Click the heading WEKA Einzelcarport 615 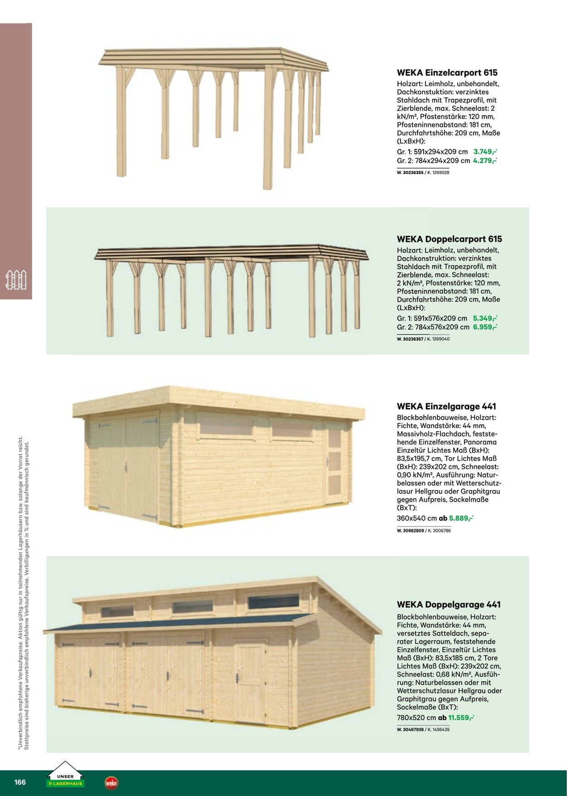[447, 73]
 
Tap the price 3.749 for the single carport [485, 152]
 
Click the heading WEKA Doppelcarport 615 [449, 239]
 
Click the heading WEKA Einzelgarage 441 [446, 406]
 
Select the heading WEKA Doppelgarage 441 [449, 605]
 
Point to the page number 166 [20, 782]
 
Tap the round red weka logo [111, 783]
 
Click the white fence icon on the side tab [16, 280]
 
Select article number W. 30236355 [410, 173]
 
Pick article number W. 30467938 [410, 730]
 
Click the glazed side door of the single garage [334, 463]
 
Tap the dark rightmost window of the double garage [274, 601]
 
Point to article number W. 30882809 [410, 531]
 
